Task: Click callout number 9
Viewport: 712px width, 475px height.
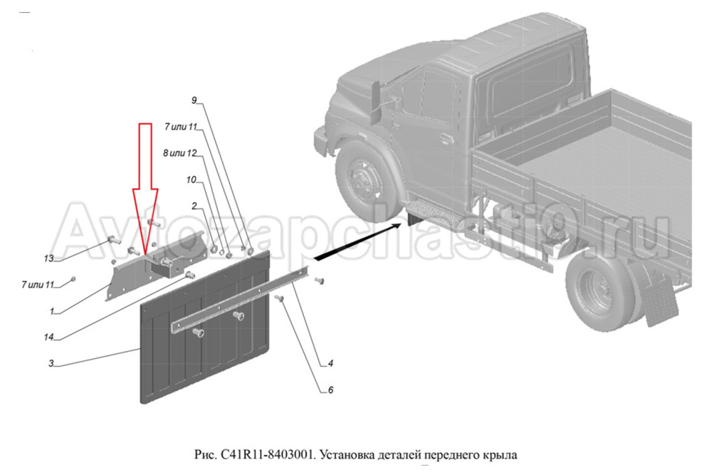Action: pos(194,100)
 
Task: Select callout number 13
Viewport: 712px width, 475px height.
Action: pos(48,259)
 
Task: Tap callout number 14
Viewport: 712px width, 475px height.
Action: pos(48,337)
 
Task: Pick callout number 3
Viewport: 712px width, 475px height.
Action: pos(51,363)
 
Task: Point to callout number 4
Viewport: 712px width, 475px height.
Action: pos(330,363)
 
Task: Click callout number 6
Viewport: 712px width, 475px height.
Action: pos(330,390)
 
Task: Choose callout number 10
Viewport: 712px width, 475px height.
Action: pos(191,180)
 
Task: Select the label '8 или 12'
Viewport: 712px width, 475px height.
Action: pos(180,154)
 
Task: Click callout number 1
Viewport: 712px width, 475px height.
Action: pos(52,311)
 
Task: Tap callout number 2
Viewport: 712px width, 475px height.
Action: pos(194,207)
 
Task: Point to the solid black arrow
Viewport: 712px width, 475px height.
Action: pos(357,241)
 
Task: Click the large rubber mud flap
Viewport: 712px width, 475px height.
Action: pos(205,327)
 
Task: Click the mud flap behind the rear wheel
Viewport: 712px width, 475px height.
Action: pos(660,303)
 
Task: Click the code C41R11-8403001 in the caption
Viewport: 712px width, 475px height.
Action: pos(267,454)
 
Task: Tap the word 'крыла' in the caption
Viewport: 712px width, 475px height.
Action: pos(503,455)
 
